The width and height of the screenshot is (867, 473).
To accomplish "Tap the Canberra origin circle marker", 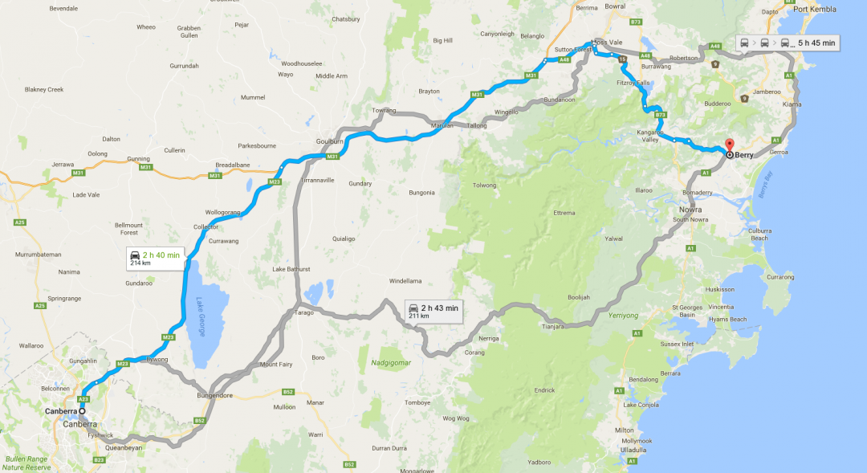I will click(82, 411).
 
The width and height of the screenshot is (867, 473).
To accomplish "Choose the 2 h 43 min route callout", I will click(433, 311).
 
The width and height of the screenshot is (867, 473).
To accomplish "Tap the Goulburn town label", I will click(330, 141).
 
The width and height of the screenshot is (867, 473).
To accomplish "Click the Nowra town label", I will click(679, 210).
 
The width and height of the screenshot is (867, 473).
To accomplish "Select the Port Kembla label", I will click(814, 10).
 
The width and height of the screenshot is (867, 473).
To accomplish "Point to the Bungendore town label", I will click(214, 396).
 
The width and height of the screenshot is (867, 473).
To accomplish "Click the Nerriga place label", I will click(489, 338).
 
